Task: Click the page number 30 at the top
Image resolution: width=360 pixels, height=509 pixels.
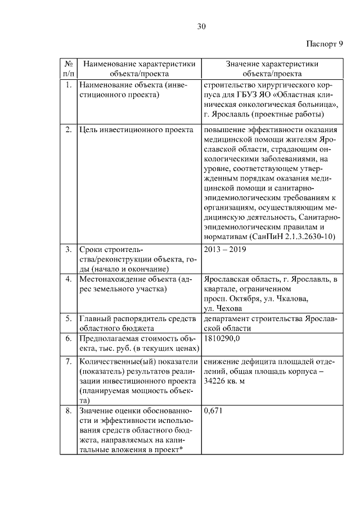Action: click(202, 26)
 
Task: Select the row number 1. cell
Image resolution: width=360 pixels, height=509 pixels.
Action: click(68, 85)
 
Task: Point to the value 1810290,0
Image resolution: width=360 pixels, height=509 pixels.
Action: click(222, 339)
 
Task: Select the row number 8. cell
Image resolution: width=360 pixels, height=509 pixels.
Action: click(68, 411)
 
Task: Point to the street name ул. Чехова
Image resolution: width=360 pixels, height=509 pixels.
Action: click(223, 308)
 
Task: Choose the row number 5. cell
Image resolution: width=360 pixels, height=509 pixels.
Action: click(68, 318)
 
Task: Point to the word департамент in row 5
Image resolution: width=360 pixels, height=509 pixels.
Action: click(228, 318)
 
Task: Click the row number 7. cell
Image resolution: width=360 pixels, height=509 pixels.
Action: click(68, 361)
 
